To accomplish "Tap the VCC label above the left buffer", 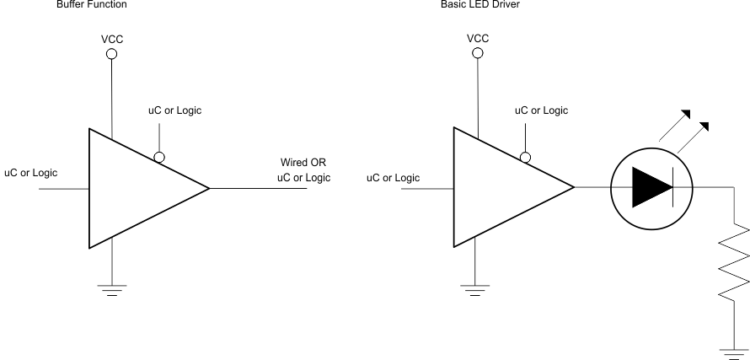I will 112,38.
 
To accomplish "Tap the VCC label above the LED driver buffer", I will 478,38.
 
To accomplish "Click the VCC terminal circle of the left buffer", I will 112,54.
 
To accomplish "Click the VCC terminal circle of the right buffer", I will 478,53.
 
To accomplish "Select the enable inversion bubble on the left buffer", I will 158,157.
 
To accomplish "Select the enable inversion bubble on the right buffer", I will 524,157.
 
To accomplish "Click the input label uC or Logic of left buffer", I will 31,173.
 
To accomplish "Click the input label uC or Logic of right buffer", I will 394,177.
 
